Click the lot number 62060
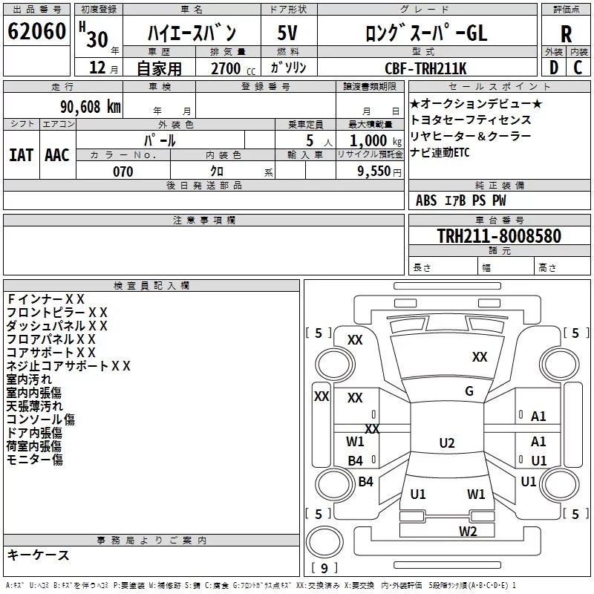coord(36,31)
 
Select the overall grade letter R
coord(566,34)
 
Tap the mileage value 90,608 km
coord(90,107)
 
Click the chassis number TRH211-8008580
coord(499,235)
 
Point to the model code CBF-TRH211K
coord(425,68)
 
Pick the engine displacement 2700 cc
coord(233,68)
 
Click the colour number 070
coord(123,172)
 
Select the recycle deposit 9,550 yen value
coord(379,172)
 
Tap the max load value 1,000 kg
coord(375,141)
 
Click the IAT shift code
coord(21,155)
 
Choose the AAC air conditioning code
coord(57,155)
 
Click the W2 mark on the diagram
coord(468,531)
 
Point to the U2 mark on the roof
coord(447,443)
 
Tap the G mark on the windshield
coord(469,391)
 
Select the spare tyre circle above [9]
coord(324,542)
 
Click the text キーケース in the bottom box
coord(39,555)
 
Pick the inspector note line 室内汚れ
coord(29,379)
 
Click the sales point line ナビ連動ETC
coord(440,152)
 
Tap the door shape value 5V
coord(287,33)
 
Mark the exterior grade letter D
coord(554,68)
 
